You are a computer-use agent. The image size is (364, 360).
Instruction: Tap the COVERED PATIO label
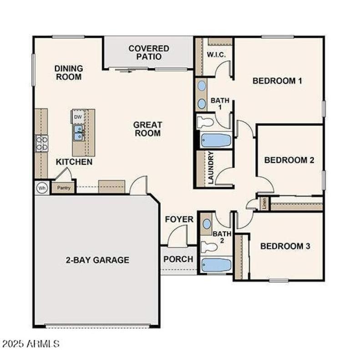click(x=149, y=52)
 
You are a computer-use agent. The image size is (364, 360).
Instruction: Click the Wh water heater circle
click(x=42, y=188)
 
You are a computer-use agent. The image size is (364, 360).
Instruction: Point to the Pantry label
click(x=64, y=187)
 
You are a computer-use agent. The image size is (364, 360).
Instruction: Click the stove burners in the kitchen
click(x=42, y=143)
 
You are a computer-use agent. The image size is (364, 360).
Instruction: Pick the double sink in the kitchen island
click(x=79, y=132)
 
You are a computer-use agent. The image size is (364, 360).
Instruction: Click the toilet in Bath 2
click(x=209, y=247)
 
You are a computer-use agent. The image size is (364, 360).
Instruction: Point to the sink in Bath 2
click(x=207, y=224)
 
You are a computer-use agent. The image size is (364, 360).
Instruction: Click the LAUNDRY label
click(x=211, y=168)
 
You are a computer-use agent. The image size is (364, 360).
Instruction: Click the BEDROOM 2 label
click(x=289, y=160)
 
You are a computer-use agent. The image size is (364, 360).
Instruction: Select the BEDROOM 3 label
click(x=285, y=246)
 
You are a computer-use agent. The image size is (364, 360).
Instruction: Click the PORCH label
click(x=178, y=259)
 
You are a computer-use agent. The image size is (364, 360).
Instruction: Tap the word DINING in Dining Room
click(x=69, y=68)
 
